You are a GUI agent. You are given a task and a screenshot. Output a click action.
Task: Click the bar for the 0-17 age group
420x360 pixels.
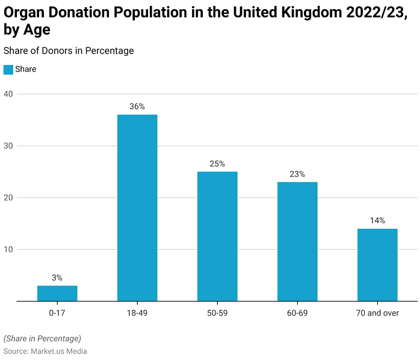coord(57,293)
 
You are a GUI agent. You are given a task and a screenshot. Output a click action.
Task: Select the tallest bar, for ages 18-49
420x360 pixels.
coord(137,208)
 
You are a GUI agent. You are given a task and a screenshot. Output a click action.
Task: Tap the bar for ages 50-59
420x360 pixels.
coord(217,236)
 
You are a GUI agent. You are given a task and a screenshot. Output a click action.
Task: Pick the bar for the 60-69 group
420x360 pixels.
coord(297,241)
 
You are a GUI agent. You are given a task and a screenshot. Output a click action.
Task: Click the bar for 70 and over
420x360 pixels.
coord(377,265)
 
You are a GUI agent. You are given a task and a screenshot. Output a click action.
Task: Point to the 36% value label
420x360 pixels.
coord(137,107)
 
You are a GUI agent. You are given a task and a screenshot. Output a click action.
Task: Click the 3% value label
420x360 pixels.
coord(57,278)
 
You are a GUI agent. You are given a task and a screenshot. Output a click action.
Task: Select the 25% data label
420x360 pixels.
coord(217,164)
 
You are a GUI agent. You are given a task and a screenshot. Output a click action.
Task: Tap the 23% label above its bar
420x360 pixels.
coord(297,174)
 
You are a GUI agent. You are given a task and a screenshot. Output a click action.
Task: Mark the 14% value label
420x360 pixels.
coord(377,220)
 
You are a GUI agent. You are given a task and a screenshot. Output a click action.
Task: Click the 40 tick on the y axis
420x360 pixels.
coord(8,94)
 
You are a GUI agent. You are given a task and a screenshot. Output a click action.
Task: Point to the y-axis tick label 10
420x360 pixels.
coord(8,249)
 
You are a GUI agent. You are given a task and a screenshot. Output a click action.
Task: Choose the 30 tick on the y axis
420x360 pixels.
coord(8,146)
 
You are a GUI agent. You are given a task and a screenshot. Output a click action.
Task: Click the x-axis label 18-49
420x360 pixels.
coord(137,313)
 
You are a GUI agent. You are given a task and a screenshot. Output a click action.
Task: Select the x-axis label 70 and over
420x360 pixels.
coord(377,313)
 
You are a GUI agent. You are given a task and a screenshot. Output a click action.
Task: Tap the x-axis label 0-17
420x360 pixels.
coord(57,313)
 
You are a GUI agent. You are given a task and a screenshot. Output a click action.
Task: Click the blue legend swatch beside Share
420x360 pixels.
coord(8,69)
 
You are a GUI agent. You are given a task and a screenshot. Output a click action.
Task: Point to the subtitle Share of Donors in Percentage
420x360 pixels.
coord(69,51)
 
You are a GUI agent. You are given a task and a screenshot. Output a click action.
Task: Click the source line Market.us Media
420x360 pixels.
coord(45,351)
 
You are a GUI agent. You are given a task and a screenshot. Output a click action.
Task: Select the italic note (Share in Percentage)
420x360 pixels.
coord(42,338)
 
